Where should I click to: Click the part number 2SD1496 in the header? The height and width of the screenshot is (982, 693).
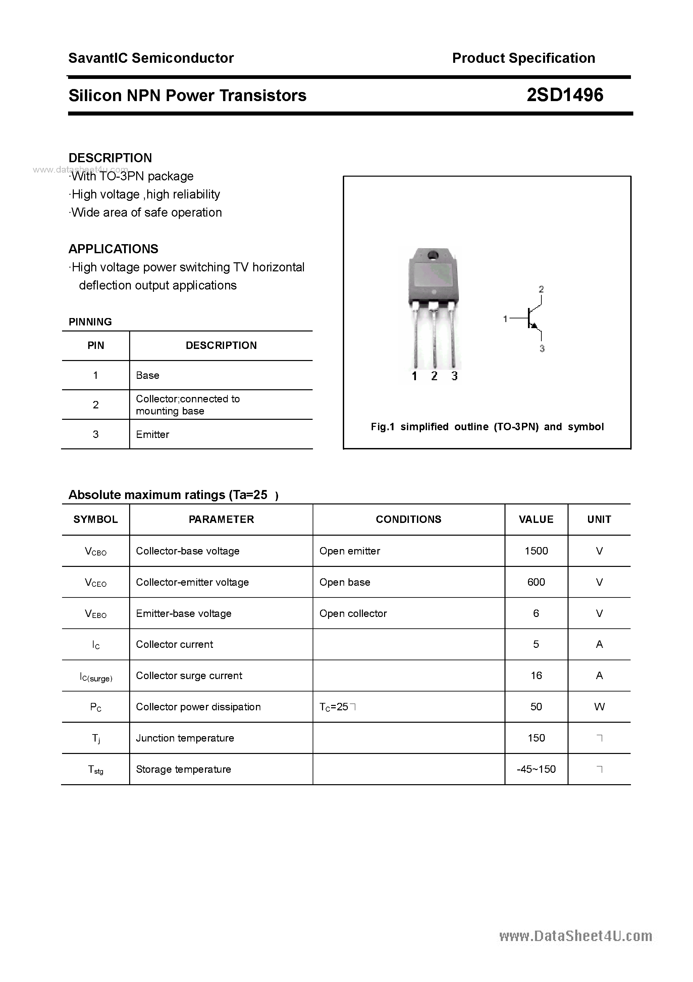(x=565, y=95)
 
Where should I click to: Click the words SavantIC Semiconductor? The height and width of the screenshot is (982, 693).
(x=151, y=58)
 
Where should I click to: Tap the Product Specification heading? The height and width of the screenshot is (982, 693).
(x=523, y=58)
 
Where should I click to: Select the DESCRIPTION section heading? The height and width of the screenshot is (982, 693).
(x=110, y=158)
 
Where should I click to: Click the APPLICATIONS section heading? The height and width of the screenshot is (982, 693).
(x=113, y=249)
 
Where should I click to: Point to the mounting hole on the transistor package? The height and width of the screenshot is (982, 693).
(x=433, y=255)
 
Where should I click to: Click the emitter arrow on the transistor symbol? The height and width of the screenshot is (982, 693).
(x=534, y=326)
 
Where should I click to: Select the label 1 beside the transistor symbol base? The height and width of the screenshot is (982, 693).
(x=505, y=319)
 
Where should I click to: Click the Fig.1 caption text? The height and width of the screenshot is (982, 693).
(x=487, y=427)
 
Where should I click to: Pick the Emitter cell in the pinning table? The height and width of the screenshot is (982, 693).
(x=153, y=435)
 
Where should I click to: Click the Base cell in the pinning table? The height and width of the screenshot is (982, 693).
(x=147, y=375)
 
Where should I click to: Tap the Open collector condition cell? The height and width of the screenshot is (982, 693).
(x=353, y=613)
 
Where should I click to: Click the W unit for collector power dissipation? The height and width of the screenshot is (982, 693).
(x=599, y=707)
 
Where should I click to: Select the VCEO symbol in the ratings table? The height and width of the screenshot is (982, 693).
(x=96, y=583)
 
